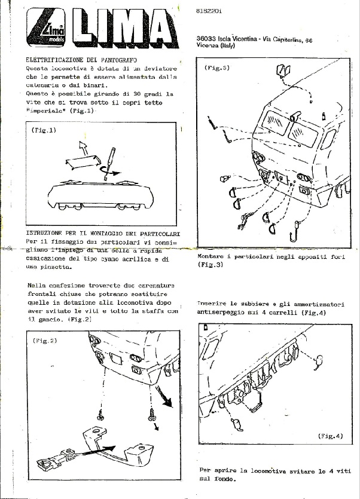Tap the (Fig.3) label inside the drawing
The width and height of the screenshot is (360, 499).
217,68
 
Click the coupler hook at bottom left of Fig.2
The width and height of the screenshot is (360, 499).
53,461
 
